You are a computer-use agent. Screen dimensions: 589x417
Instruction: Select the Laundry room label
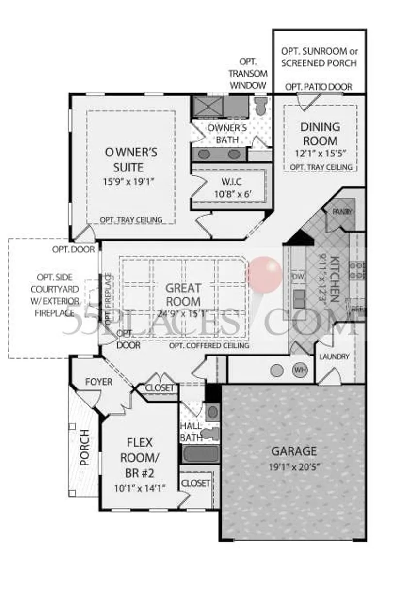click(334, 356)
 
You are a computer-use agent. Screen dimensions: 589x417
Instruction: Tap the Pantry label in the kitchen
click(342, 212)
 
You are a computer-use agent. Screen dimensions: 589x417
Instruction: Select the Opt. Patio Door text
click(319, 87)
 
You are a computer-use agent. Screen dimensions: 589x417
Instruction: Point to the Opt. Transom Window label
click(248, 74)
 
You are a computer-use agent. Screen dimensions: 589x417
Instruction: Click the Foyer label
click(98, 382)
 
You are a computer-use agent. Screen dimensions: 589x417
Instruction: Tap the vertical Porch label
click(85, 447)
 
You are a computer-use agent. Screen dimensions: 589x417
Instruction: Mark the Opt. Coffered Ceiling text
click(209, 346)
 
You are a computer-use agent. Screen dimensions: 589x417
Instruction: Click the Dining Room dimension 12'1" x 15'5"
click(320, 155)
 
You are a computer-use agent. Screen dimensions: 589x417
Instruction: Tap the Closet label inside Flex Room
click(195, 483)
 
